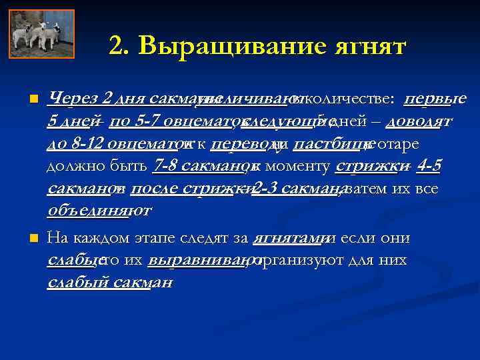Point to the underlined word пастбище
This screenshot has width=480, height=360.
tap(329, 143)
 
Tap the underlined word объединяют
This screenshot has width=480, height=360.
tap(99, 211)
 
